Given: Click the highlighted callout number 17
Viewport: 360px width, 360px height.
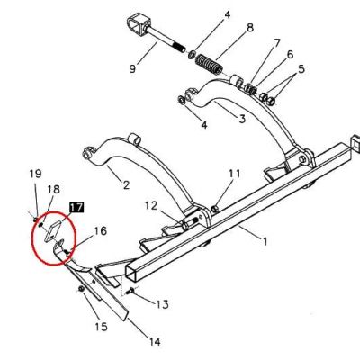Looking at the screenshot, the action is click(76, 207).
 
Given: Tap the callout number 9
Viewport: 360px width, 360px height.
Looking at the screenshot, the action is click(132, 68).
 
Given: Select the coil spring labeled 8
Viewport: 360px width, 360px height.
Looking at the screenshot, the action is click(209, 64).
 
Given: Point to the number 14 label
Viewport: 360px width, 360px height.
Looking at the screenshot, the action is click(155, 341).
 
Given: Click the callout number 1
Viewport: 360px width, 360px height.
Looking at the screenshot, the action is click(265, 241).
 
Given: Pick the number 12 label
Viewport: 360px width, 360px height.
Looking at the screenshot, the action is click(151, 206).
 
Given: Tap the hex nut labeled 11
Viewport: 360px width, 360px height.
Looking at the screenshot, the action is click(215, 209).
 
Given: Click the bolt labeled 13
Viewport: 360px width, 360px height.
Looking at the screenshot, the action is click(130, 291).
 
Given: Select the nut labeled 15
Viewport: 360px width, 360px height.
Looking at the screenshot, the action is click(81, 289).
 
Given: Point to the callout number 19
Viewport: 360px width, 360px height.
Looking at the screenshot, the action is click(35, 174).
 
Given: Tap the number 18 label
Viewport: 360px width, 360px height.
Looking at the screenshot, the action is click(53, 189).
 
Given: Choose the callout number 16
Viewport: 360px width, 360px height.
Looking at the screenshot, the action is click(101, 231).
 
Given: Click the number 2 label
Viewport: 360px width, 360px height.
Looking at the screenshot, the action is click(126, 184).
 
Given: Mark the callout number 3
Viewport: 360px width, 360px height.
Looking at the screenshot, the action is click(242, 119).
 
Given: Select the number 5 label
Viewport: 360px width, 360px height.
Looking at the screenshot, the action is click(301, 69).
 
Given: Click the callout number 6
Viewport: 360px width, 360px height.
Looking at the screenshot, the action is click(290, 55).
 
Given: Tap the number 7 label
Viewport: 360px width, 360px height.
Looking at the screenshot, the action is click(277, 43).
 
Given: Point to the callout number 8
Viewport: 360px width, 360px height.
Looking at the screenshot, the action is click(250, 28).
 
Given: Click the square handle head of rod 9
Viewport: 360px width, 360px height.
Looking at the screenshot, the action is click(137, 25).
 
